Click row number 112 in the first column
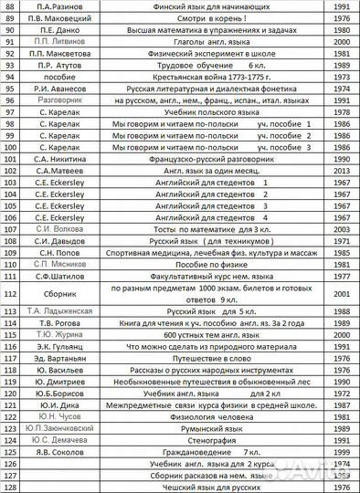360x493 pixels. (11, 294)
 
